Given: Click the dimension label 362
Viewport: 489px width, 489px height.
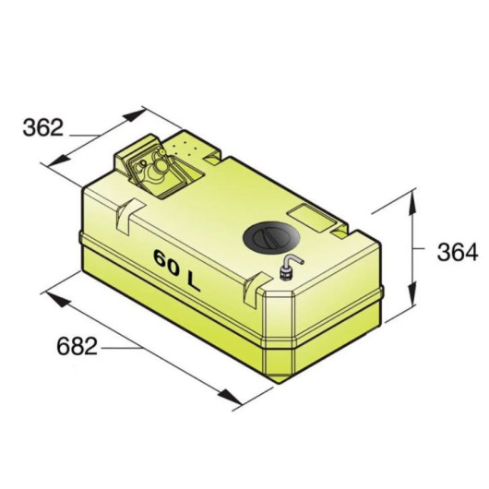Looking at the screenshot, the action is [43, 127].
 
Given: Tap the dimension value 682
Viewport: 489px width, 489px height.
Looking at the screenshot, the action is [77, 346].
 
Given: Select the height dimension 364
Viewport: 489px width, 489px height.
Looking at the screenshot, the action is [458, 252].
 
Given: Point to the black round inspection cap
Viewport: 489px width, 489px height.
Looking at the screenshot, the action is [271, 238].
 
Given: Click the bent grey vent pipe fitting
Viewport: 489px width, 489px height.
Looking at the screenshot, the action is [290, 267].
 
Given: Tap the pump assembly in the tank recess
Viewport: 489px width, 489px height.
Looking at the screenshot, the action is [154, 169].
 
